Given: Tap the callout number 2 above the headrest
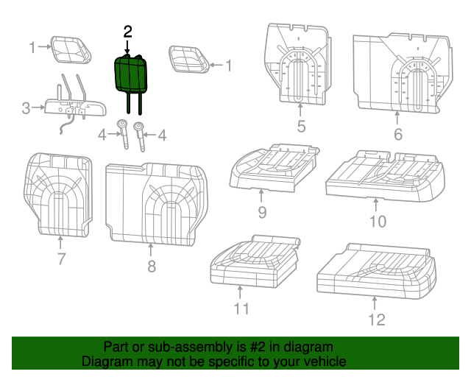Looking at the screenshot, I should [x=127, y=31].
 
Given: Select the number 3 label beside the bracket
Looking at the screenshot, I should [x=26, y=109].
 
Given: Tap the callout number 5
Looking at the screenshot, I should [x=301, y=127].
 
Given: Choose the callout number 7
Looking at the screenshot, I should [x=61, y=258].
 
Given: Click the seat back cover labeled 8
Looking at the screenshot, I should [x=155, y=202].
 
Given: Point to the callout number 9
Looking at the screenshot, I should [x=261, y=213].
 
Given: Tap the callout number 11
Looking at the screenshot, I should [x=241, y=309].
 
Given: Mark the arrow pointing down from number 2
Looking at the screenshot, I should [x=127, y=46].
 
